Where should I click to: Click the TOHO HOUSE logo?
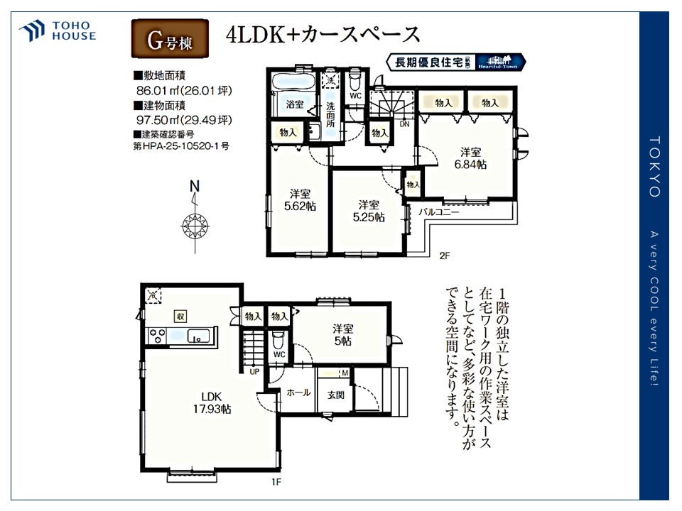coord(58,31)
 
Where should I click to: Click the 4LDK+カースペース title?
coord(323,35)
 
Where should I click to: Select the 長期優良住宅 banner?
coord(455,62)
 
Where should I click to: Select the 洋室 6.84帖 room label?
coord(470,158)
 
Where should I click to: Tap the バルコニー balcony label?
coord(438,211)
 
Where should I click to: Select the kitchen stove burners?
coord(158,336)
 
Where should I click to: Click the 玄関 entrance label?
coord(335,395)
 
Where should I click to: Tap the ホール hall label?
coord(298,392)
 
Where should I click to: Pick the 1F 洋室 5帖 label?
coord(343,334)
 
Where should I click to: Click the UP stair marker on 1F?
coord(254,370)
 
